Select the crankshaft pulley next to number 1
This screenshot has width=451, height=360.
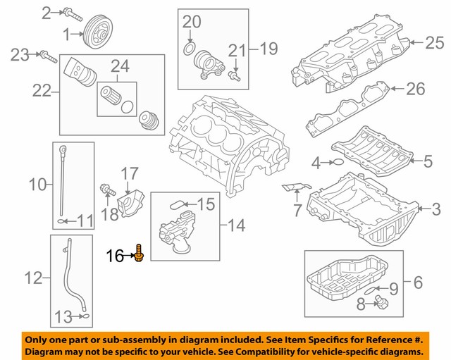tap(98, 32)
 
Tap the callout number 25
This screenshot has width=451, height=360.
tap(435, 42)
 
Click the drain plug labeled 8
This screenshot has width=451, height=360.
tap(382, 303)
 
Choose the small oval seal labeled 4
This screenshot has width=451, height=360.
tap(339, 163)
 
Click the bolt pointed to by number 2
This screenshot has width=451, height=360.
tap(74, 15)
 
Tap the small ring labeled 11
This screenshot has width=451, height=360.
tap(61, 221)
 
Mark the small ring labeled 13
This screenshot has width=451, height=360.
tap(85, 316)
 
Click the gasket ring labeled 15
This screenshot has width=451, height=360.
tap(176, 205)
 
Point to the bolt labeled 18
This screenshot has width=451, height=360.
tap(108, 190)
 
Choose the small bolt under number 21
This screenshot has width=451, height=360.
tap(235, 76)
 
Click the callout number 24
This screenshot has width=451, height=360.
tap(120, 66)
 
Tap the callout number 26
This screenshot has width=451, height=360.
tap(416, 89)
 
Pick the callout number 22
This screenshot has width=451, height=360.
tap(42, 91)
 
